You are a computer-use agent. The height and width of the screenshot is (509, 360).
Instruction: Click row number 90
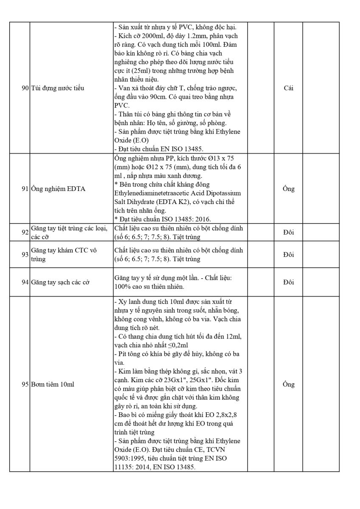[x=25, y=88]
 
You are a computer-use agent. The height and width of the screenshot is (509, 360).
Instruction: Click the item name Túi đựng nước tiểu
[x=58, y=88]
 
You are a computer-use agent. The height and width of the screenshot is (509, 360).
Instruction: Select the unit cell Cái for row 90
[x=288, y=88]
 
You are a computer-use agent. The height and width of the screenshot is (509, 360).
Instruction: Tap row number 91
[x=25, y=189]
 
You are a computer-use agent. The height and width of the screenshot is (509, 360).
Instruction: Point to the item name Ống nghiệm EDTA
[x=58, y=189]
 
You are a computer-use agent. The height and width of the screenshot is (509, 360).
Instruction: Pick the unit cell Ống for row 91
[x=288, y=189]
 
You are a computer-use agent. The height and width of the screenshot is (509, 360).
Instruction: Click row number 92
[x=25, y=232]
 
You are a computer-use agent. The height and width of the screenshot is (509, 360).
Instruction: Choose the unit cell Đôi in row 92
[x=288, y=232]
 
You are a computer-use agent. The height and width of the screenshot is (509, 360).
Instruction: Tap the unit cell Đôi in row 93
[x=288, y=255]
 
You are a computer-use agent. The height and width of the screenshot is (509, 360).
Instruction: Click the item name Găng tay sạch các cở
[x=60, y=282]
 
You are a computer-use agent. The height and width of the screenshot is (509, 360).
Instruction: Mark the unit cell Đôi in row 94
[x=288, y=282]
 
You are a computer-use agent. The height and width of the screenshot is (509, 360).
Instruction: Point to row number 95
[x=25, y=385]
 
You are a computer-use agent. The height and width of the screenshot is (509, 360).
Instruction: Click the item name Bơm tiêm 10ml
[x=53, y=385]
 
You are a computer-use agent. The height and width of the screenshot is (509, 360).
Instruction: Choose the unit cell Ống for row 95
[x=288, y=385]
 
